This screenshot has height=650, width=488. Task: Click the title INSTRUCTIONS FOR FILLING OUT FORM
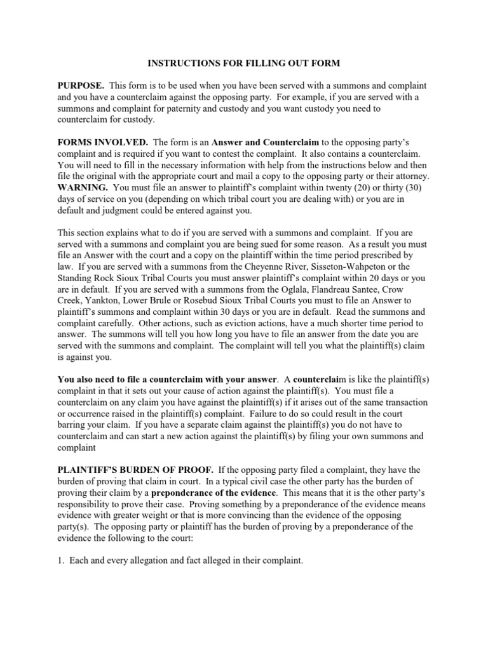click(244, 63)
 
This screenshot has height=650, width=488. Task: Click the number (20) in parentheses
click(352, 188)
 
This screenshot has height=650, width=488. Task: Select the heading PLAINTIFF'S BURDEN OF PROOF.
click(135, 470)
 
